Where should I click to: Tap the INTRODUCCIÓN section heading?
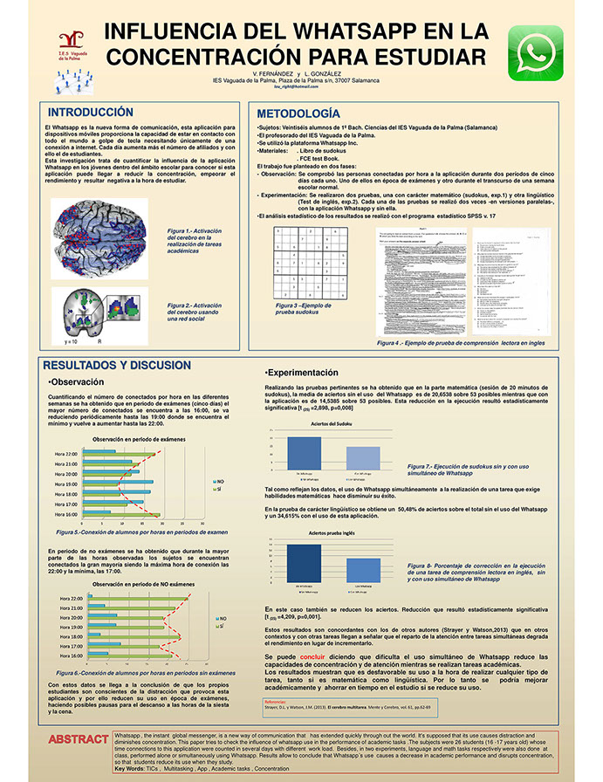[91, 113]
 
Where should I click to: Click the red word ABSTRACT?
[79, 740]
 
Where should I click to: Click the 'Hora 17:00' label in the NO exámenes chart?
[72, 646]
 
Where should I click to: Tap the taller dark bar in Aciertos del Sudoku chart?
[304, 455]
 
